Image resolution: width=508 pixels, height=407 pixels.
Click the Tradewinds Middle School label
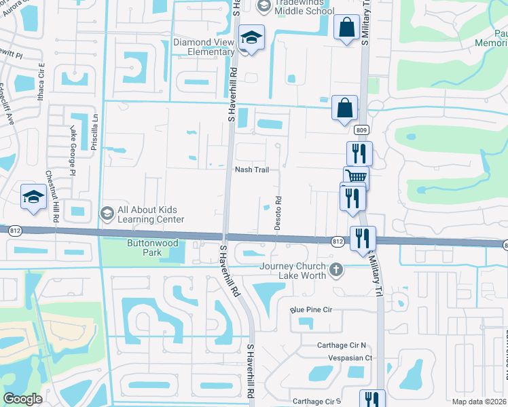304,7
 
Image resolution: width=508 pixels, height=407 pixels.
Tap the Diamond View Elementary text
204,47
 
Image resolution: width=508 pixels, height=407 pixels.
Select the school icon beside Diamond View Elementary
251,39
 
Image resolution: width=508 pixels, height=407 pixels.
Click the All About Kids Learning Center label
150,214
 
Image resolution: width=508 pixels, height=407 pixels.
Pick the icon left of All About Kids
107,214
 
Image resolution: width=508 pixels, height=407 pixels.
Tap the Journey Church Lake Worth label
292,271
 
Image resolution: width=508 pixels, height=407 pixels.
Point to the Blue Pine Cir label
310,310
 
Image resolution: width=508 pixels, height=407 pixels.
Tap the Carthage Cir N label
341,345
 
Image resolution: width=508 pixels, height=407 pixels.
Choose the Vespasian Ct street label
350,357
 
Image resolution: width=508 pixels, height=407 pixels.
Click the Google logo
22,399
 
